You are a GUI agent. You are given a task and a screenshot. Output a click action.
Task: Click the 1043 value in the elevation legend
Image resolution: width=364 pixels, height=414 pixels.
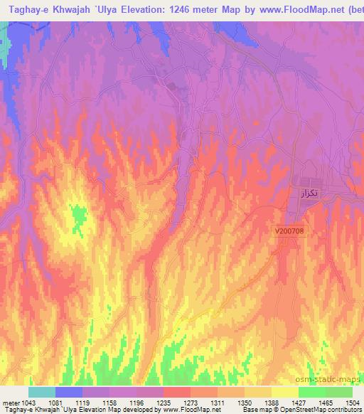pyautogui.click(x=23, y=403)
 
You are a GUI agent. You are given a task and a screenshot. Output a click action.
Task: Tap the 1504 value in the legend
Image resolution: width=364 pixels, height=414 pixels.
pyautogui.click(x=353, y=403)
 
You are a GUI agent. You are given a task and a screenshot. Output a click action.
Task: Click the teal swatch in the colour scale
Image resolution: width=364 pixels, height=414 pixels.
pyautogui.click(x=42, y=392)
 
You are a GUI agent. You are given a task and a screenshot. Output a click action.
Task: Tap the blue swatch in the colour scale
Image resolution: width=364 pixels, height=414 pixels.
pyautogui.click(x=69, y=392)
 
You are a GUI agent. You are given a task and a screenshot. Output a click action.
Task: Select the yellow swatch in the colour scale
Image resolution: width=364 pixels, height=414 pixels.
pyautogui.click(x=284, y=392)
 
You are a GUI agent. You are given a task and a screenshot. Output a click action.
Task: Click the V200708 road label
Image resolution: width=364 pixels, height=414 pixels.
pyautogui.click(x=289, y=230)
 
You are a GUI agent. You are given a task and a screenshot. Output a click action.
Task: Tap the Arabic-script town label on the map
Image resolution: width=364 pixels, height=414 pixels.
pyautogui.click(x=306, y=193)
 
